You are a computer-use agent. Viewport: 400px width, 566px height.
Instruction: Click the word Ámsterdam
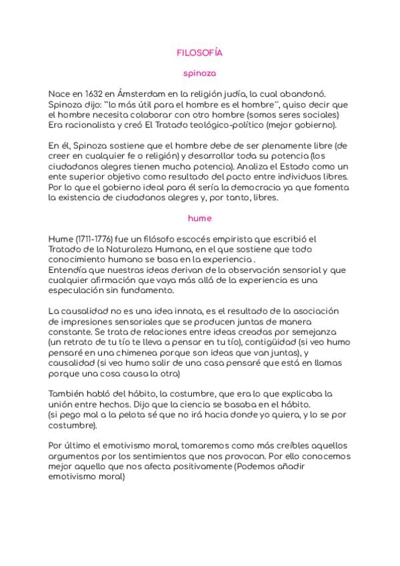coord(127,94)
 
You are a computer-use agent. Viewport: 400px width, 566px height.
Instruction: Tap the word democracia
coord(263,187)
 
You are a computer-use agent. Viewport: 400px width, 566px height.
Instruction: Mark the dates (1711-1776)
coord(91,238)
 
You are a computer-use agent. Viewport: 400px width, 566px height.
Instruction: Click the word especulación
coord(80,290)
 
